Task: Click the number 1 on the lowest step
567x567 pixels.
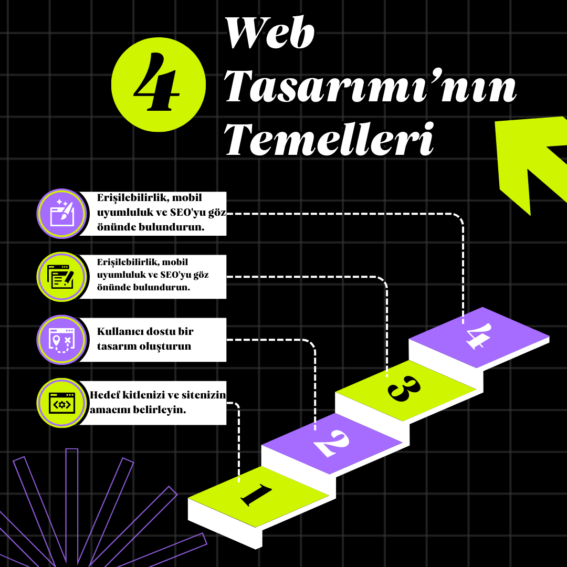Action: click(257, 495)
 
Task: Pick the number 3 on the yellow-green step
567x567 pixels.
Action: click(404, 390)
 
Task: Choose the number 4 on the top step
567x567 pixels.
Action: click(478, 336)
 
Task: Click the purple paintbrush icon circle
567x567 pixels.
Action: click(61, 213)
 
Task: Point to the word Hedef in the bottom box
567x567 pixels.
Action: click(102, 395)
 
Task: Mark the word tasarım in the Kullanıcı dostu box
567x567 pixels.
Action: click(114, 346)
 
